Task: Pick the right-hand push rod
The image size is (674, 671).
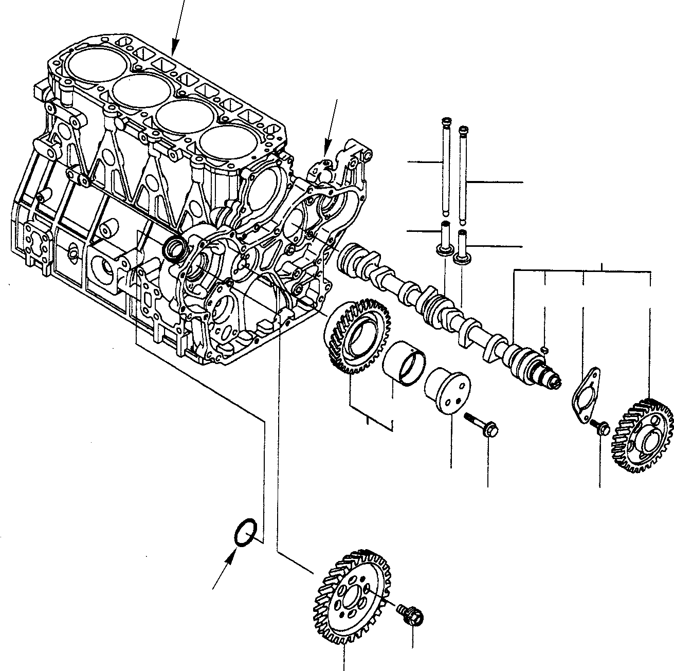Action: (x=463, y=175)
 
